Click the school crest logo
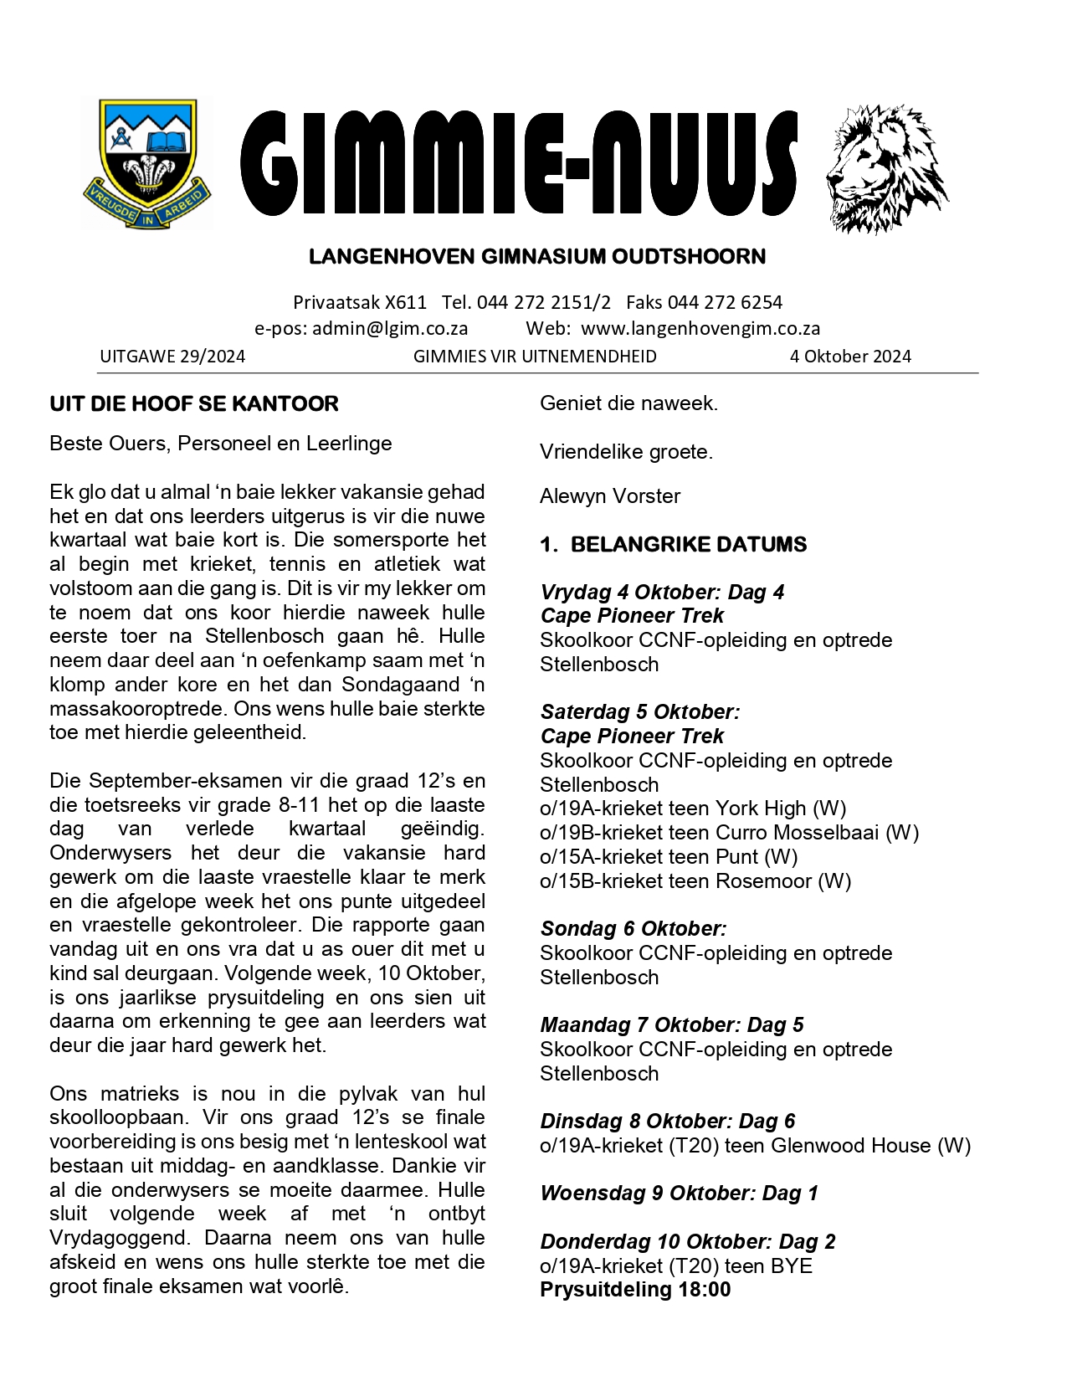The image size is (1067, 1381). [146, 164]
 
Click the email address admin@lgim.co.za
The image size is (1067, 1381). [390, 328]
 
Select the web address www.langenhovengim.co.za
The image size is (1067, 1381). [700, 328]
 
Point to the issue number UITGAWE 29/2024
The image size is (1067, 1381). [172, 357]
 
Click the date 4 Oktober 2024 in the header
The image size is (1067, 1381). [850, 357]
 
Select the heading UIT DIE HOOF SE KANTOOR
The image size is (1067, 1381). [194, 404]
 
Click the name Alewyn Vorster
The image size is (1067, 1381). [610, 496]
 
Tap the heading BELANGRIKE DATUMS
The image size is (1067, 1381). [688, 545]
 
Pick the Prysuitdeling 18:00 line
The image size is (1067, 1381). [635, 1290]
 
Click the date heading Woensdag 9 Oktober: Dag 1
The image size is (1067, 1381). [679, 1194]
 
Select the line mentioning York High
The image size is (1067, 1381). [693, 809]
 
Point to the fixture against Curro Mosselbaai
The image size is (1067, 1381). [729, 833]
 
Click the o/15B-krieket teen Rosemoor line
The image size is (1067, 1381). [695, 881]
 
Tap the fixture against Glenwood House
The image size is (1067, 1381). [755, 1146]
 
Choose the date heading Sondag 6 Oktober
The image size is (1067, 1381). [634, 929]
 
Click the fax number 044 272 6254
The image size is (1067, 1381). [725, 302]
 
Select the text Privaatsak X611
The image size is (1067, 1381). [360, 302]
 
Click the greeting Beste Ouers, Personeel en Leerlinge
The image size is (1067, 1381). [221, 444]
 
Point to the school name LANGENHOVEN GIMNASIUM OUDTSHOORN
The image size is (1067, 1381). [537, 257]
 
